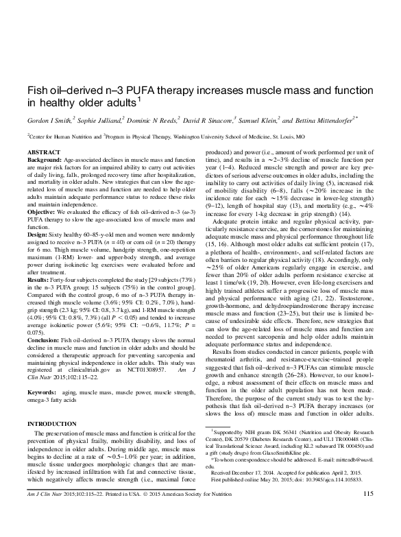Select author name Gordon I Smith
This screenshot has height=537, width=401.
[x=49, y=119]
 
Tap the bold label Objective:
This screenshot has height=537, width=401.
[x=42, y=211]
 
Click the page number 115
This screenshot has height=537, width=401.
[x=367, y=514]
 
